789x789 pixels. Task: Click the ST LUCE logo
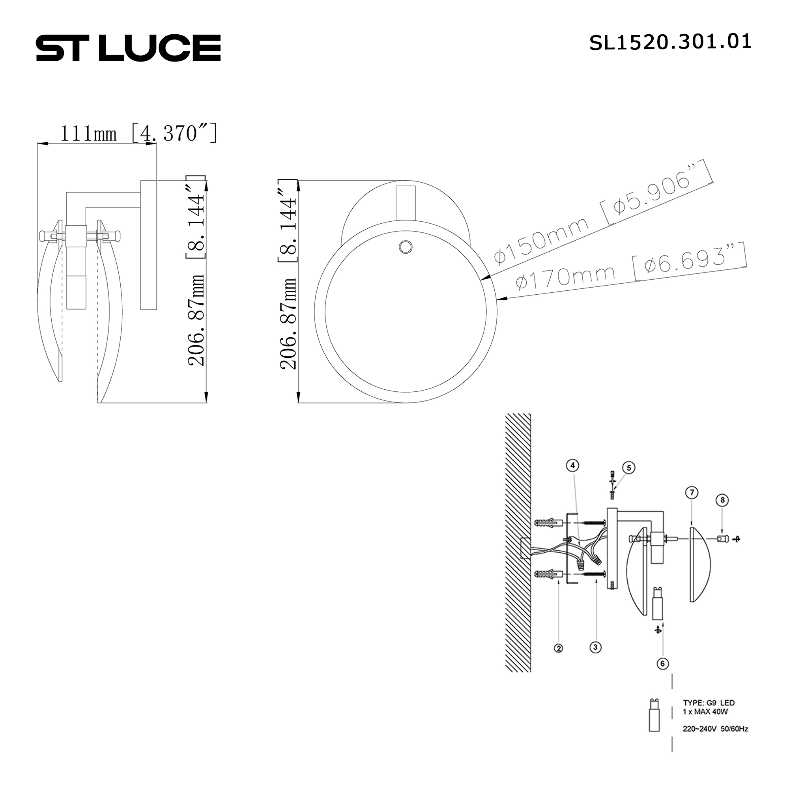coord(128,48)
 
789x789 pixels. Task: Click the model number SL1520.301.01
coord(670,43)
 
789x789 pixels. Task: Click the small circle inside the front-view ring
coord(406,247)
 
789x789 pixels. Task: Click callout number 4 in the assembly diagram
coord(572,465)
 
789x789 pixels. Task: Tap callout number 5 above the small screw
coord(628,468)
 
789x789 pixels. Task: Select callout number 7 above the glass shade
coord(692,493)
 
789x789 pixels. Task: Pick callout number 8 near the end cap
coord(722,500)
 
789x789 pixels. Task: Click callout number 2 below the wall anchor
coord(558,648)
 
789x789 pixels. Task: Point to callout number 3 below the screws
coord(595,647)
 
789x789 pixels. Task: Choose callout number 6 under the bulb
coord(662,664)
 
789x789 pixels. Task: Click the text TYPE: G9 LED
coord(709,703)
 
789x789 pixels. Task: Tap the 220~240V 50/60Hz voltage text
coord(715,729)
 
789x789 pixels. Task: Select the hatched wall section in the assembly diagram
coord(518,543)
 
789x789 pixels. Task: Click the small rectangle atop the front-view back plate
coord(405,203)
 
